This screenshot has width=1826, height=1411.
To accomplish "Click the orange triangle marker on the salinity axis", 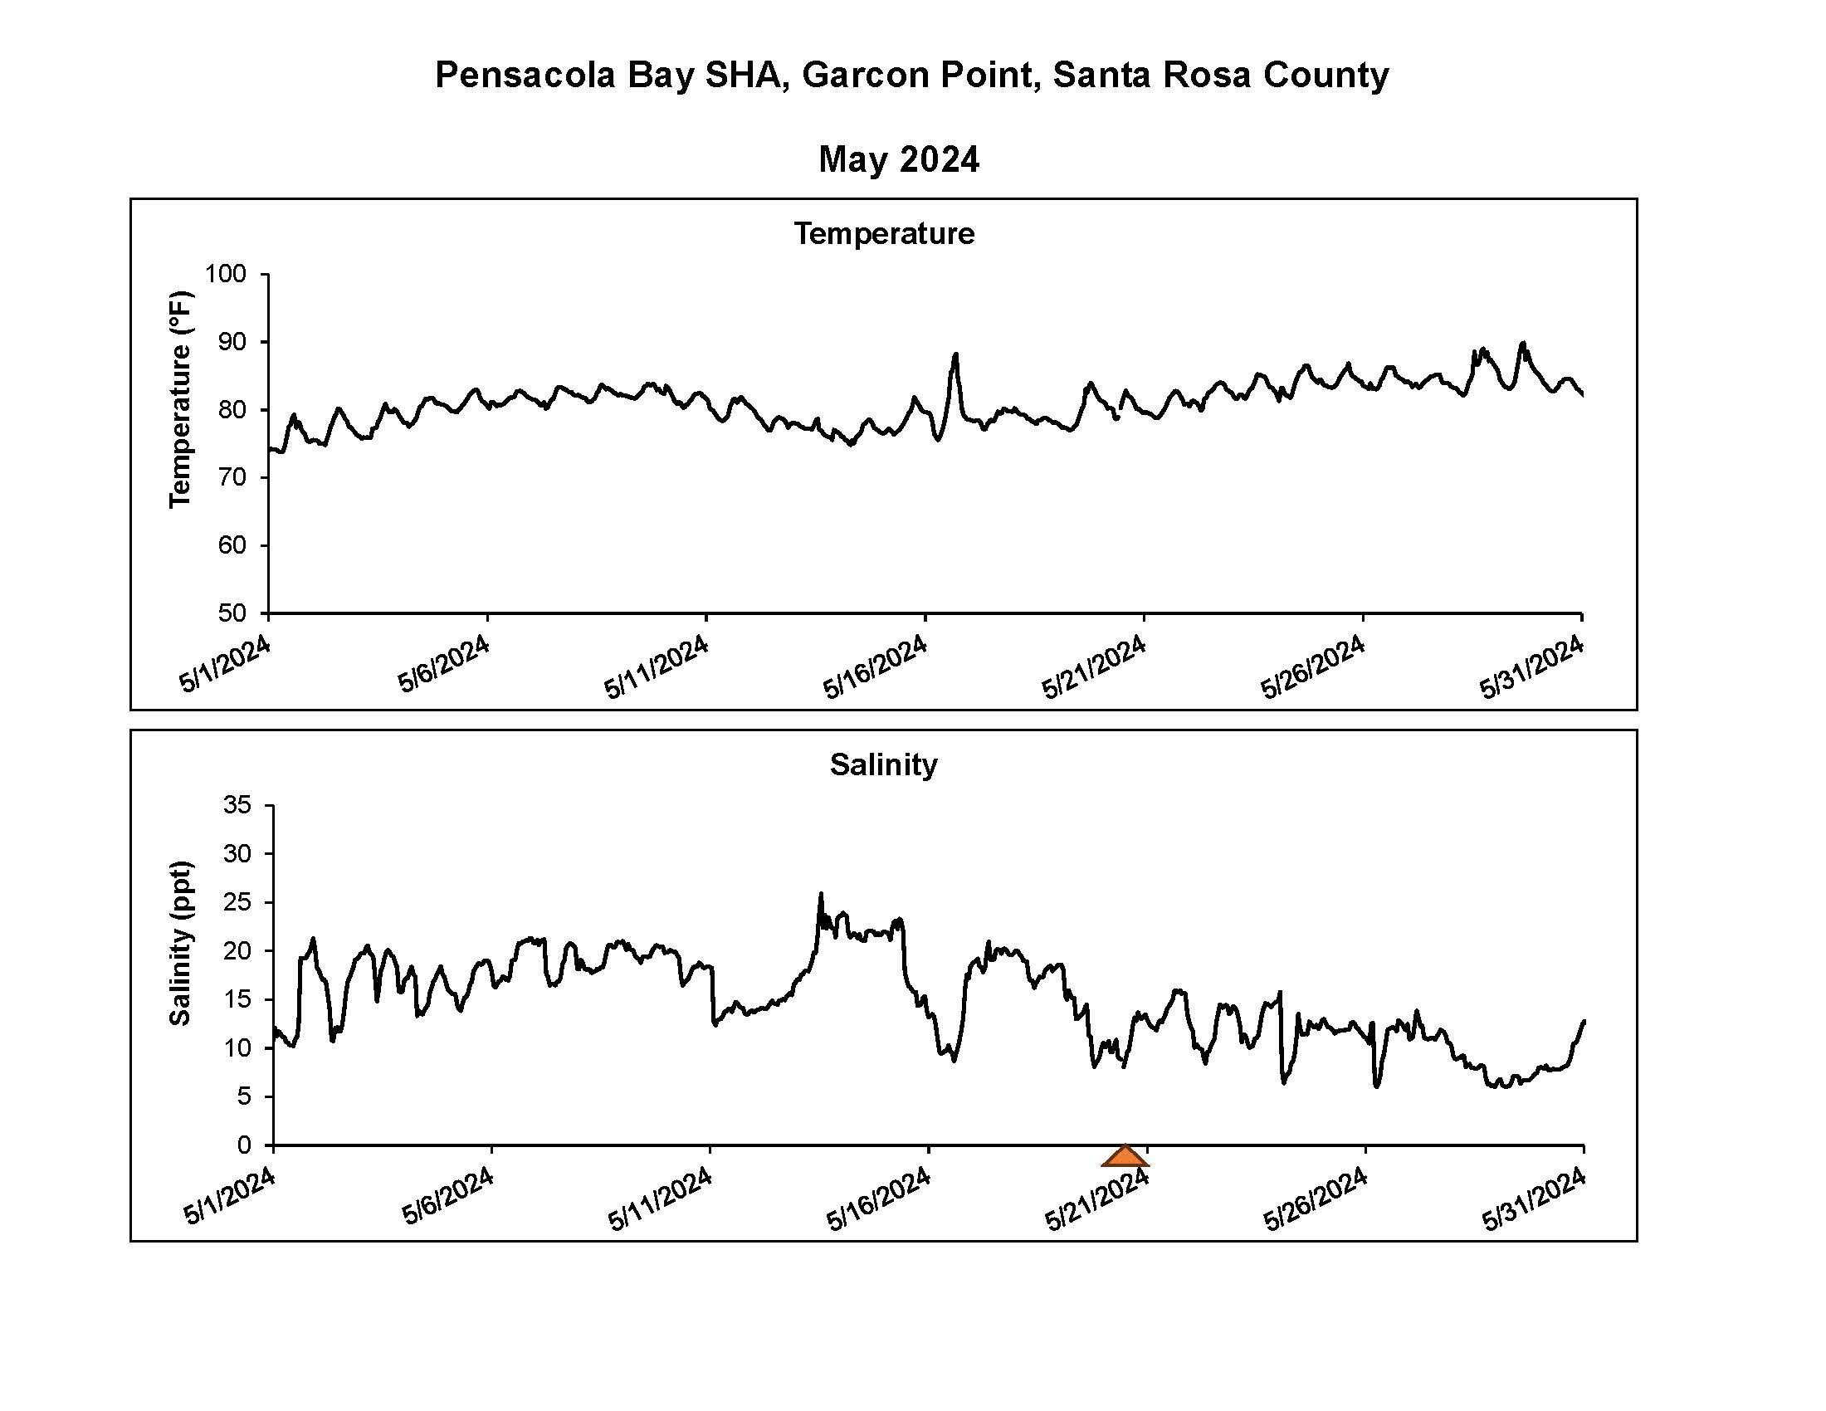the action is tap(1125, 1157).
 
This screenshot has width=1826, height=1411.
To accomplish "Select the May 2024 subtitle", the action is tap(899, 159).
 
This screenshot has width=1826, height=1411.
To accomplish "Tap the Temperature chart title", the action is tap(884, 233).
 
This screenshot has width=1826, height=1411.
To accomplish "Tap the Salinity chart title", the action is tap(884, 764).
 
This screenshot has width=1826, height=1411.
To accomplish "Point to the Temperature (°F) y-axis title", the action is tap(181, 398).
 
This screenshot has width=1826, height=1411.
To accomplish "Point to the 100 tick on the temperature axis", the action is tap(226, 273).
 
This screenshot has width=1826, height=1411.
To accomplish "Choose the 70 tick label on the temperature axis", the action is tap(232, 477).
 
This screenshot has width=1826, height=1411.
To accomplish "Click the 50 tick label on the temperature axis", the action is tap(232, 613).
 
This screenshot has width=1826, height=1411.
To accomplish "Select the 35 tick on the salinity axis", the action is tap(237, 804).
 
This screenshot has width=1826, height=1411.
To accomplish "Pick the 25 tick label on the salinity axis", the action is tap(237, 902).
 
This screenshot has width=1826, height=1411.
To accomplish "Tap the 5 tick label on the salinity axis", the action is tap(244, 1096).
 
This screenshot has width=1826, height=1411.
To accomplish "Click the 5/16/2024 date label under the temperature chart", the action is tap(876, 666).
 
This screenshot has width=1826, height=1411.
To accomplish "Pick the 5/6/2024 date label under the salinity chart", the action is tap(448, 1196).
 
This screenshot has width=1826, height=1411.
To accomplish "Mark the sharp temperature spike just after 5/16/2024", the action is tap(955, 354).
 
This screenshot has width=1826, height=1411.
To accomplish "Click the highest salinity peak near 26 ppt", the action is tap(821, 894).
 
